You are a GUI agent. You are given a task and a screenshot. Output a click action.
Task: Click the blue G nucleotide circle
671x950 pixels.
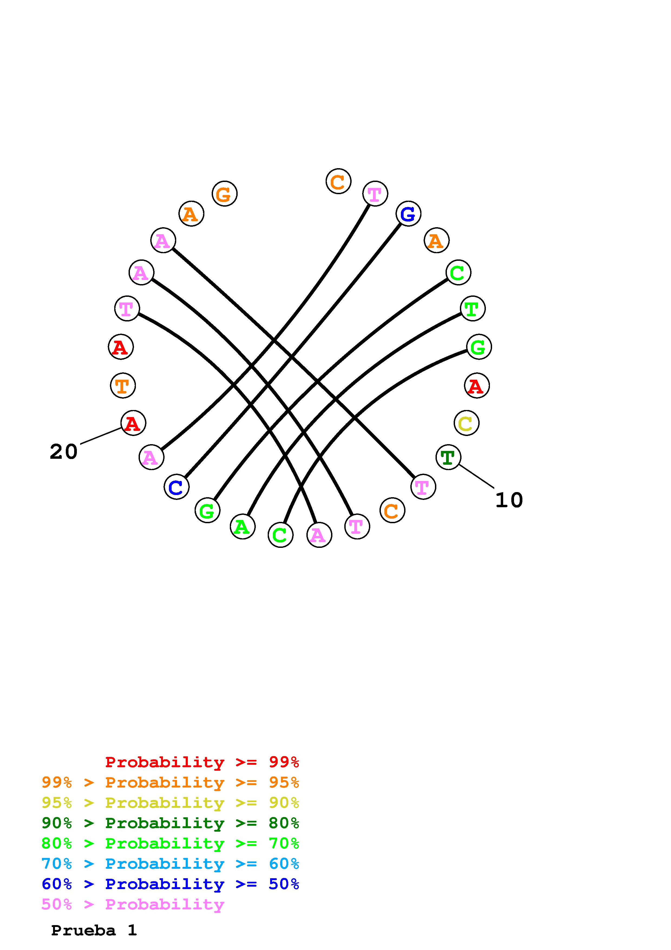(408, 214)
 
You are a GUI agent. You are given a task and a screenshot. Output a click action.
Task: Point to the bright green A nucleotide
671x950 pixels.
(243, 527)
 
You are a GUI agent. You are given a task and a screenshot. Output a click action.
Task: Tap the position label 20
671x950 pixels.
(64, 451)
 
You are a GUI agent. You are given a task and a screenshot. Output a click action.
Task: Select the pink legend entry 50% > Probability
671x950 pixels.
(133, 905)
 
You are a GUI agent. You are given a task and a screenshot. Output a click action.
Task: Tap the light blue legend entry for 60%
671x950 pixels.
(170, 864)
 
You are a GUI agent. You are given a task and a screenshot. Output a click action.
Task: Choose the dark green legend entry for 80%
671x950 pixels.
(170, 823)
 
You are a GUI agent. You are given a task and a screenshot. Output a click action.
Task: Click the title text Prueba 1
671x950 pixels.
(94, 931)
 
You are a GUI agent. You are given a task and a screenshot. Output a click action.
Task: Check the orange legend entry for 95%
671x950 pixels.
(170, 782)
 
